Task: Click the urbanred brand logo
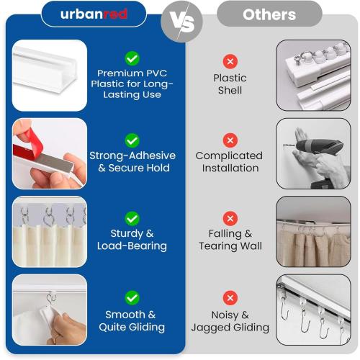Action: point(94,14)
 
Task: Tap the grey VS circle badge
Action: point(181,22)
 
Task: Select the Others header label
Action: point(269,14)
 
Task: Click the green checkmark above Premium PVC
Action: point(132,58)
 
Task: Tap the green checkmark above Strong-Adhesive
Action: point(132,140)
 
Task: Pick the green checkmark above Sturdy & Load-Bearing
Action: point(132,219)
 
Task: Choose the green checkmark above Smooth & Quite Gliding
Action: point(132,298)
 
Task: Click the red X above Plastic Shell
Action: point(230,61)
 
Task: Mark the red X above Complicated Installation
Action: point(230,140)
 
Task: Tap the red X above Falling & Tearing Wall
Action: point(230,218)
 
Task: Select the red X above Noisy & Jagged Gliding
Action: point(230,298)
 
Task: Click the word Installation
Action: point(230,168)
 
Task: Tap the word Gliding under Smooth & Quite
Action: point(147,327)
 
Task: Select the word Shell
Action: point(230,90)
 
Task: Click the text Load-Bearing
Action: point(132,246)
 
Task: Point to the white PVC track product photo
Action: point(50,75)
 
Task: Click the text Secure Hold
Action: point(139,168)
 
